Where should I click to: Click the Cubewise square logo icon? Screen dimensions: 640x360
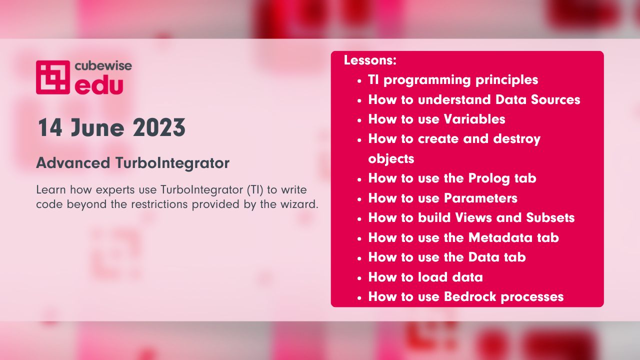pyautogui.click(x=53, y=77)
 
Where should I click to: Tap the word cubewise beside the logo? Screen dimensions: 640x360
pyautogui.click(x=103, y=65)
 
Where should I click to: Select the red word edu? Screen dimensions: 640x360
pyautogui.click(x=99, y=85)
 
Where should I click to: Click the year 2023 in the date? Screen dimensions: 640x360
pyautogui.click(x=159, y=127)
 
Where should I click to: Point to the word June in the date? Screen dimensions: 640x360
pyautogui.click(x=97, y=127)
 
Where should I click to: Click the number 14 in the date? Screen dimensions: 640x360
pyautogui.click(x=50, y=127)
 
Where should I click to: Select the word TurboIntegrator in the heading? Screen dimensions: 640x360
pyautogui.click(x=172, y=163)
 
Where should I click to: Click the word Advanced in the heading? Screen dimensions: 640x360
pyautogui.click(x=73, y=163)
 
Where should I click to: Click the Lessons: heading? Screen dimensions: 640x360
pyautogui.click(x=370, y=60)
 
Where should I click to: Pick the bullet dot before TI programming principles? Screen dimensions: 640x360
pyautogui.click(x=359, y=81)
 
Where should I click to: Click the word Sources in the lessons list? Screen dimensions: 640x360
pyautogui.click(x=555, y=99)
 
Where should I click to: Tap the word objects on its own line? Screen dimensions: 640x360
pyautogui.click(x=391, y=159)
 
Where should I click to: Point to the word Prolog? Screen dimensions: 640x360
pyautogui.click(x=489, y=179)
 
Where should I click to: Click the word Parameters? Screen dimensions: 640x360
pyautogui.click(x=480, y=198)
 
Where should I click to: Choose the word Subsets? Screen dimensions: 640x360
pyautogui.click(x=550, y=217)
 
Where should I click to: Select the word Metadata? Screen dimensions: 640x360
pyautogui.click(x=500, y=237)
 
